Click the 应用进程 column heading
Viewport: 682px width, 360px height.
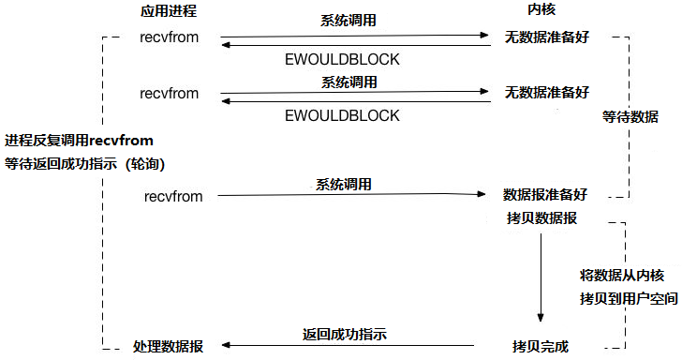point(170,11)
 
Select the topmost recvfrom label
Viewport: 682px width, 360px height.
point(170,41)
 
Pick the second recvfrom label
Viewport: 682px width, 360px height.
point(170,94)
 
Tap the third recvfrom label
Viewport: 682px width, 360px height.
point(174,196)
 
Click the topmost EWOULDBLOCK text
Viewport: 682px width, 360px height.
point(342,60)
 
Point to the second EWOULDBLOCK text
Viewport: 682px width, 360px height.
point(342,115)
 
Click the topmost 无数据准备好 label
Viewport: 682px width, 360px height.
point(547,39)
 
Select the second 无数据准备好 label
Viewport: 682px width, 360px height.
point(547,93)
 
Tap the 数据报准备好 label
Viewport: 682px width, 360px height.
point(545,195)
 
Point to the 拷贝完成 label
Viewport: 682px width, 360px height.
point(540,346)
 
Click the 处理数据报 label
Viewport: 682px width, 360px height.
point(169,347)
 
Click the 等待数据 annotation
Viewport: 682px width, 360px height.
point(630,117)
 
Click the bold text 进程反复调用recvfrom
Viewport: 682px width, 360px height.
point(79,141)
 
